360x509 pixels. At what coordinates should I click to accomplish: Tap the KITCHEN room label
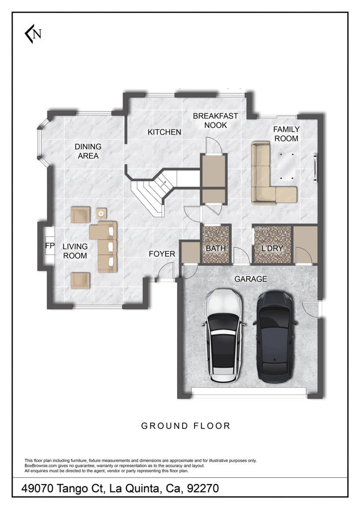click(164, 132)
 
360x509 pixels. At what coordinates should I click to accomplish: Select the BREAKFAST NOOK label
click(215, 120)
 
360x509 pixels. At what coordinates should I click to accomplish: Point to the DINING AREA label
click(88, 151)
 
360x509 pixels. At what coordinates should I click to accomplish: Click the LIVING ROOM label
click(75, 251)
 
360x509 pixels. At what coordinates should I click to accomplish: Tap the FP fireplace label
click(49, 246)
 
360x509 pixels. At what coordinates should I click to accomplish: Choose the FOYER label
click(162, 254)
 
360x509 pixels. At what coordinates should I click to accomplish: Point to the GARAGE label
click(251, 279)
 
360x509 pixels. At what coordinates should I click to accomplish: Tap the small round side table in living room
click(101, 213)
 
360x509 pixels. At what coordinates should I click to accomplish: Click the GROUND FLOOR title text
click(185, 425)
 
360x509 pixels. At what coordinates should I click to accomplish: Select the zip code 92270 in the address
click(202, 488)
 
